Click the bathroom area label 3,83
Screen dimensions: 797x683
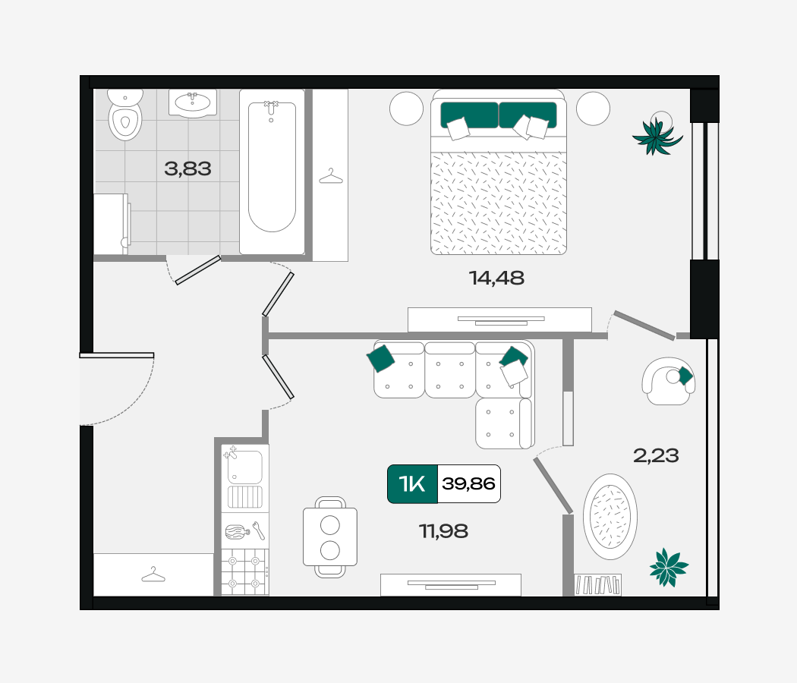coord(187,168)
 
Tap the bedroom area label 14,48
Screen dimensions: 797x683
coord(496,278)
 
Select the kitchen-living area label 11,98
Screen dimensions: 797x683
coord(443,531)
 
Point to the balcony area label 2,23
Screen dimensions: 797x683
coord(656,455)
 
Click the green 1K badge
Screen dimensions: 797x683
coord(412,484)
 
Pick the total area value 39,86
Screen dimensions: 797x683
coord(468,484)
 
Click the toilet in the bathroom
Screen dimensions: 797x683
coord(125,115)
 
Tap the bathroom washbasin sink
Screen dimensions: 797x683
coord(193,103)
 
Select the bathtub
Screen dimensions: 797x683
coord(272,172)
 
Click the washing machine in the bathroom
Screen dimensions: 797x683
coord(112,224)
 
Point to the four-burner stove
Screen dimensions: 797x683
coord(244,572)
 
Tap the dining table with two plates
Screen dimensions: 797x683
coord(330,537)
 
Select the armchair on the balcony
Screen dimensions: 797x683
coord(668,381)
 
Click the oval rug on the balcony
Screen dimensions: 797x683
coord(610,516)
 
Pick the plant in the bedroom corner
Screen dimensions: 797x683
coord(657,134)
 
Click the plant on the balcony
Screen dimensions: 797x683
coord(669,567)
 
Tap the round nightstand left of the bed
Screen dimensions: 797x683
coord(407,109)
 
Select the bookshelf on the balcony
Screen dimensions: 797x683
coord(598,584)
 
